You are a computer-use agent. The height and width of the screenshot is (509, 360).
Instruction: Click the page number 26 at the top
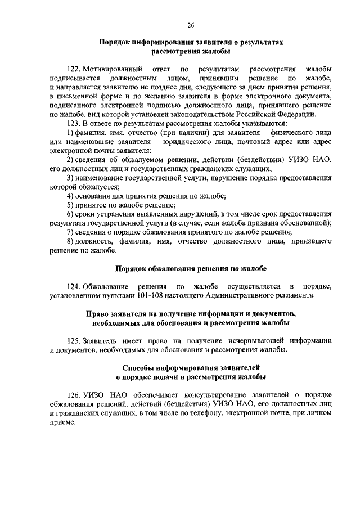[190, 25]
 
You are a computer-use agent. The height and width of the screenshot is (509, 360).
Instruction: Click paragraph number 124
[74, 286]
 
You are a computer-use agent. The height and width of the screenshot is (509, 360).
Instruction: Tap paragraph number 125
[74, 341]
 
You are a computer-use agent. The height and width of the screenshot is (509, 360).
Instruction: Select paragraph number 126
[74, 395]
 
